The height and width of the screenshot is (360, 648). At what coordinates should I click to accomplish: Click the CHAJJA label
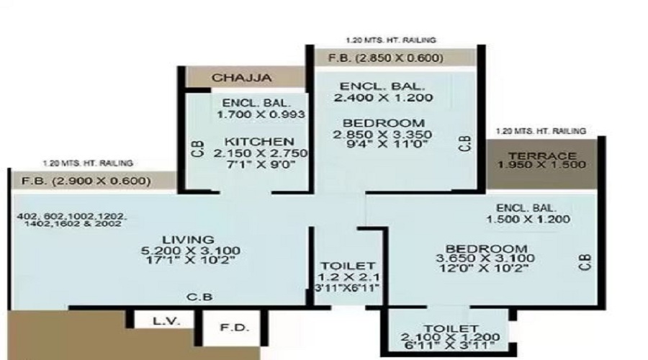[242, 78]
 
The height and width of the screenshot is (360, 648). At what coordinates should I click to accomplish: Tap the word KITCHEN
[259, 142]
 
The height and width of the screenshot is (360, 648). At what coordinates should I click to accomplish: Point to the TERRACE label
[542, 156]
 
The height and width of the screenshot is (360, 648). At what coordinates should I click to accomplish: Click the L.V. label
[166, 320]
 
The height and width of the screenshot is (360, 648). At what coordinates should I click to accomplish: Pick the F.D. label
[234, 328]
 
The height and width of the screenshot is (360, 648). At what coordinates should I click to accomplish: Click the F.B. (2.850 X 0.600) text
[386, 58]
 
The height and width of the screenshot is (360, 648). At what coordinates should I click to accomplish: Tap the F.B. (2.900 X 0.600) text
[86, 181]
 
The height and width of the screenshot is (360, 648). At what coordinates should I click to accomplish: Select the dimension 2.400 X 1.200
[384, 98]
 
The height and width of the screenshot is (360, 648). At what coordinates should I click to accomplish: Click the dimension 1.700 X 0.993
[261, 114]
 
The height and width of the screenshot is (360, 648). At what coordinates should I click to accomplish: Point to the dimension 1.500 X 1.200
[528, 220]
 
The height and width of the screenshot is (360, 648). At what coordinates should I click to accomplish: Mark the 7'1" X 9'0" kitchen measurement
[261, 164]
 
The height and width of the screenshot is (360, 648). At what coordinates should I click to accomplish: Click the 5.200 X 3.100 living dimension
[191, 251]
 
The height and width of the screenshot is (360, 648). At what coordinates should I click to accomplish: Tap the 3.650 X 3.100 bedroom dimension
[485, 258]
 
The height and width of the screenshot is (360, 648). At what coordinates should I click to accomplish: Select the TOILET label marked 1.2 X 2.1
[348, 266]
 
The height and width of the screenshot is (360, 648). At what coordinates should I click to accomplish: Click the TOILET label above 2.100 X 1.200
[451, 328]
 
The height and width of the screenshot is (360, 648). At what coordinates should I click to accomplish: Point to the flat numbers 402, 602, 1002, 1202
[72, 217]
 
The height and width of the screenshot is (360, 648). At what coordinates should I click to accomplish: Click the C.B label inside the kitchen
[197, 149]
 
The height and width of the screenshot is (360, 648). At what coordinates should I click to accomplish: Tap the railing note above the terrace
[541, 132]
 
